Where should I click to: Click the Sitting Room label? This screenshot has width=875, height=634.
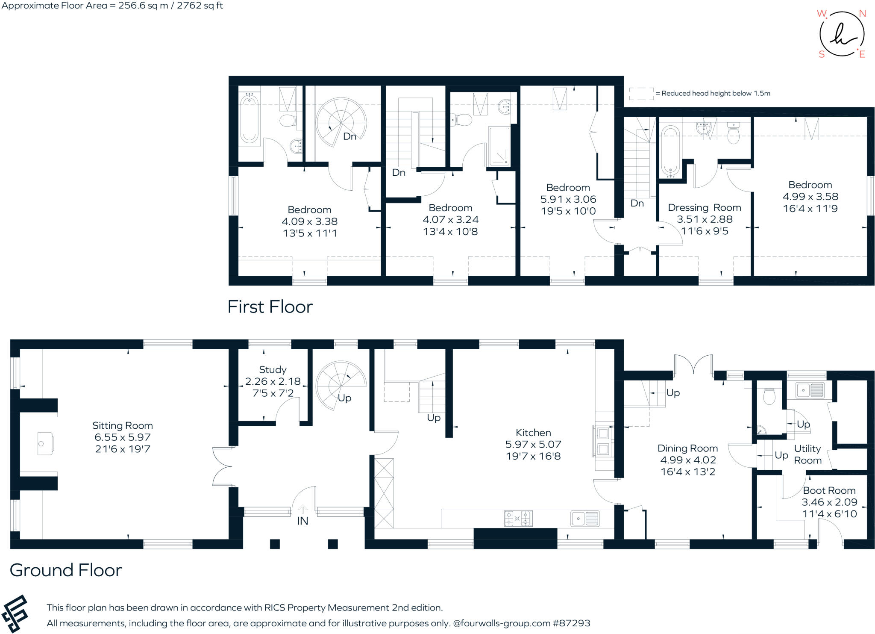click(123, 425)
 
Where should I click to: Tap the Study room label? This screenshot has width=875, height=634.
click(273, 369)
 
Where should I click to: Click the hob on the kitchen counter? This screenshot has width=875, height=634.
click(518, 519)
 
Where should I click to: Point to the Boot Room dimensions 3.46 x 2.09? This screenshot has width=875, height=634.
click(829, 502)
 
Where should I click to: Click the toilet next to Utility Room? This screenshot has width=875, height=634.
click(769, 396)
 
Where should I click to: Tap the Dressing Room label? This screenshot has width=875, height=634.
click(704, 208)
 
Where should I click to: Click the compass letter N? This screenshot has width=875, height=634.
click(862, 14)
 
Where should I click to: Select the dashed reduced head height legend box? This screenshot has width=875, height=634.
click(641, 94)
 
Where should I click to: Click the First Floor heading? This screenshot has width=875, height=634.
click(270, 307)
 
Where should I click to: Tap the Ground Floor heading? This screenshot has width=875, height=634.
click(66, 570)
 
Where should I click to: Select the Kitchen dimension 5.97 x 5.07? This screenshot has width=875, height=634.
click(533, 445)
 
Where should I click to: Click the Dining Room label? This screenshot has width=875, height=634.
click(687, 448)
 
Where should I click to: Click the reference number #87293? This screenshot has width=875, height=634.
click(571, 623)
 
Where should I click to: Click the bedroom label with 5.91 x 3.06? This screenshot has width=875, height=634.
click(568, 188)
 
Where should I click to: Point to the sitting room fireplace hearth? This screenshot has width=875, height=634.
click(45, 444)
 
